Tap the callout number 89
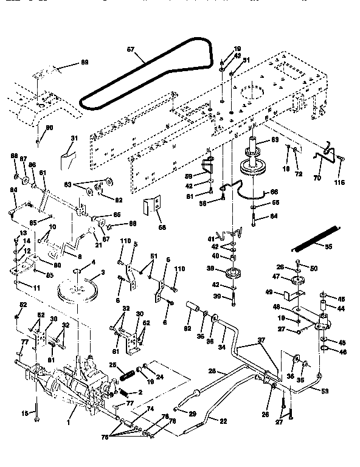coord(85,62)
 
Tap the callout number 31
coord(75,139)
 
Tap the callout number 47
coord(275,276)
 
